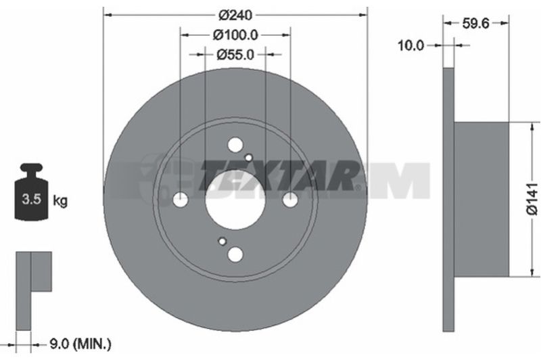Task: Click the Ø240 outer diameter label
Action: [x=235, y=15]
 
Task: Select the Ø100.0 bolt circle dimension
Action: [x=235, y=35]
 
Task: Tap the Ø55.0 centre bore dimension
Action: [x=235, y=55]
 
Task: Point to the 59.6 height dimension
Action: [x=475, y=24]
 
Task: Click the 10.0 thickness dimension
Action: [x=410, y=45]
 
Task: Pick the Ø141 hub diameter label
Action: [x=532, y=200]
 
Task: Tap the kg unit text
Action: [x=60, y=200]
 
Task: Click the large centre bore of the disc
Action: [x=235, y=200]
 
